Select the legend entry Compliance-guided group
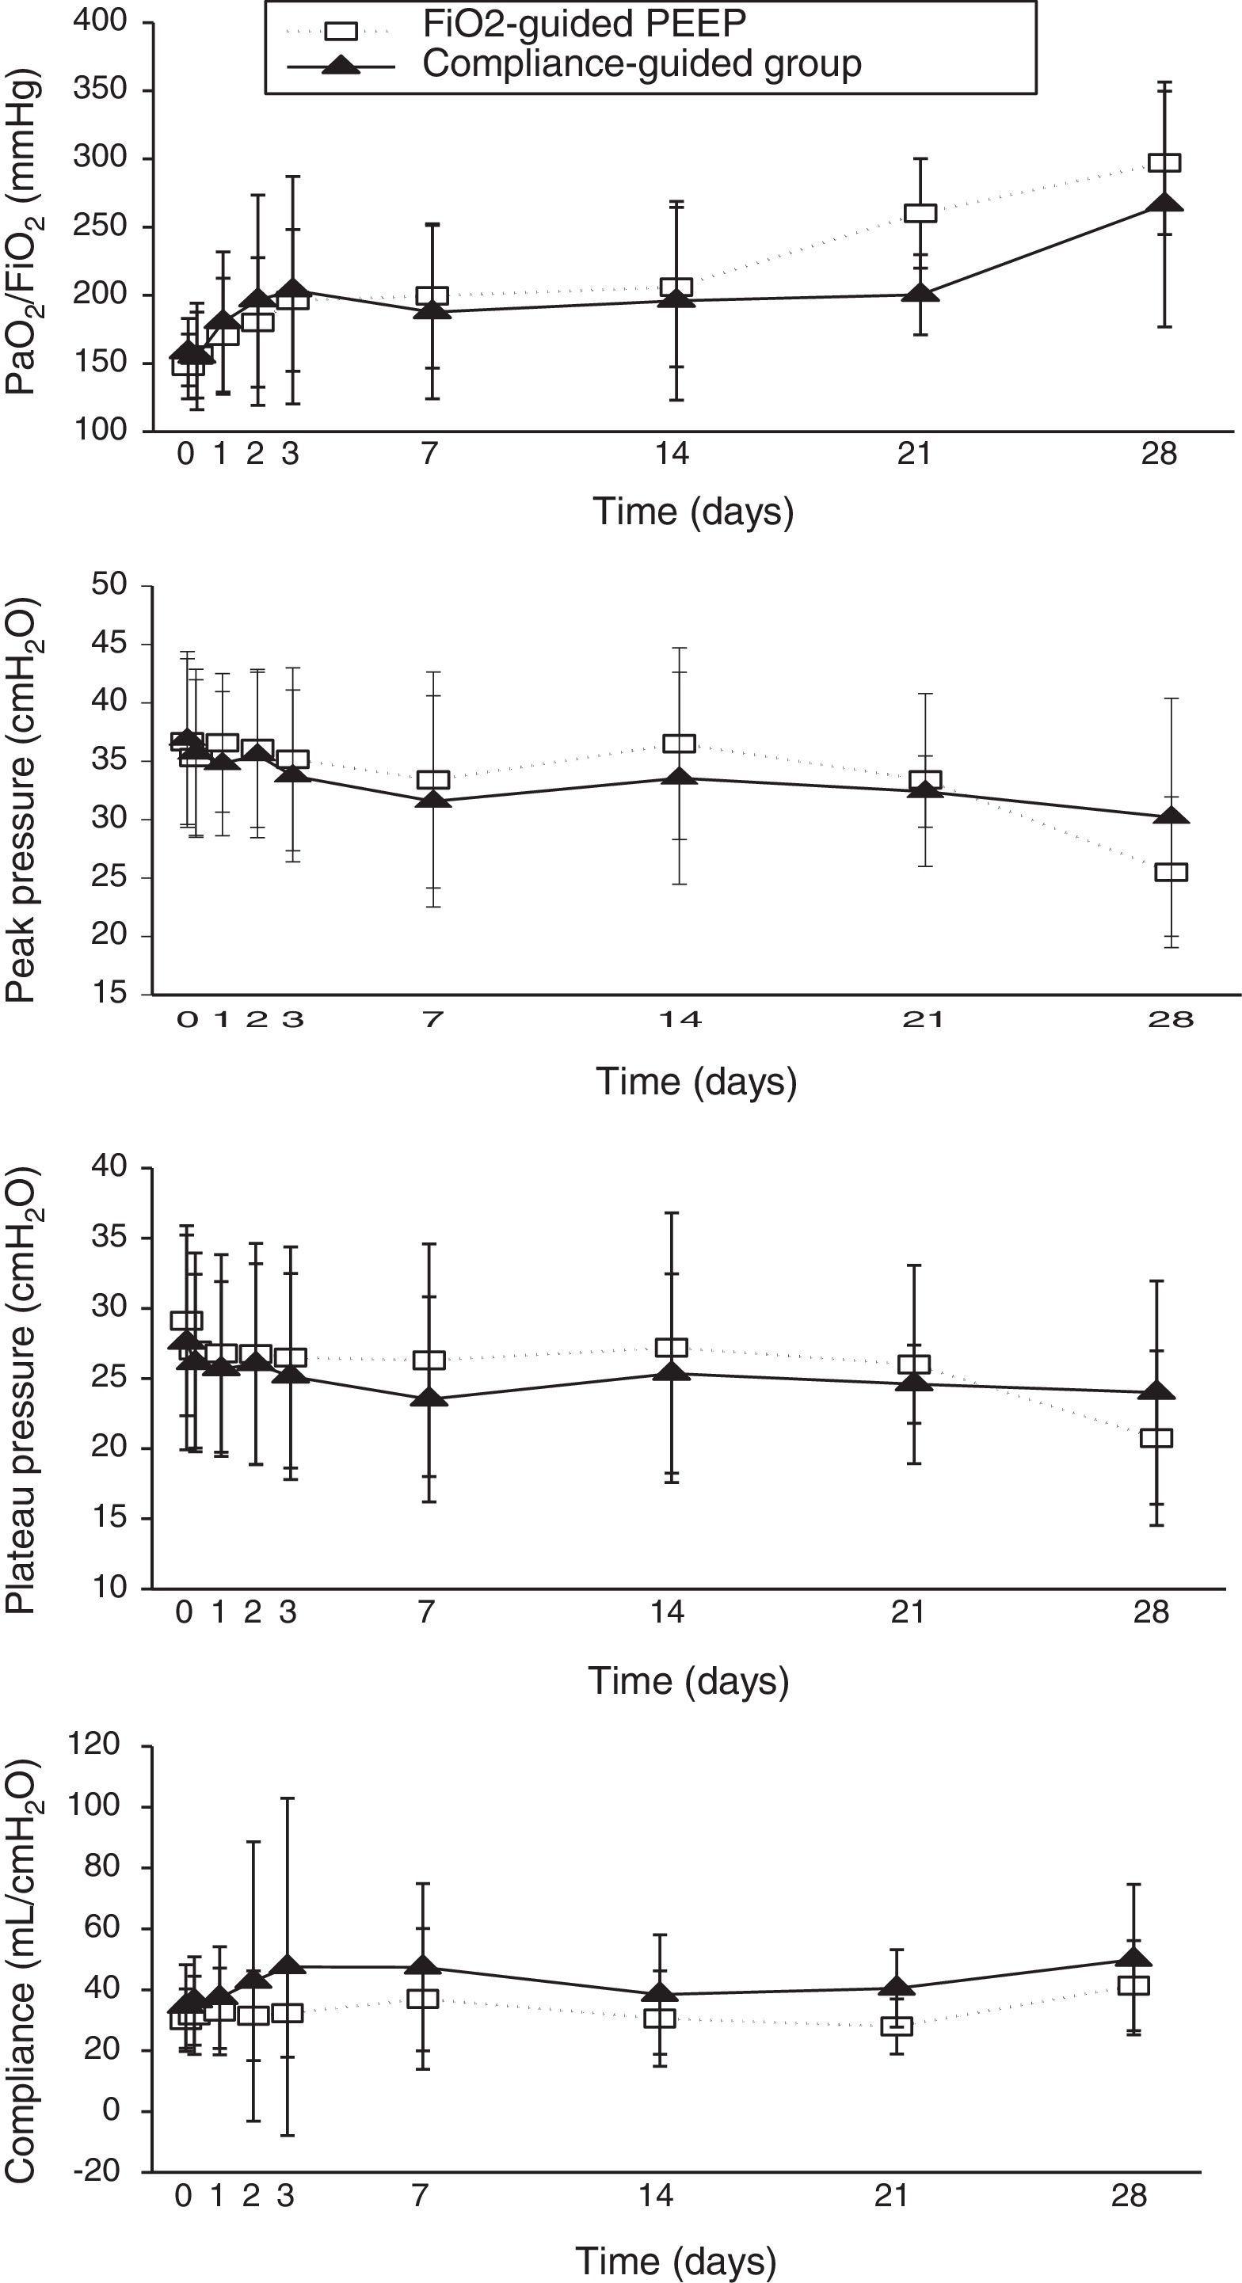[641, 65]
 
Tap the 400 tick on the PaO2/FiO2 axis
[104, 21]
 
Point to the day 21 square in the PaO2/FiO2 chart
[920, 214]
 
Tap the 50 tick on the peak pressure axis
[110, 586]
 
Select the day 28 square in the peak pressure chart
[1171, 872]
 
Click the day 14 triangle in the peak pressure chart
[679, 778]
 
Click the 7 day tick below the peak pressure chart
[432, 1020]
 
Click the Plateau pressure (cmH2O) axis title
[22, 1378]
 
